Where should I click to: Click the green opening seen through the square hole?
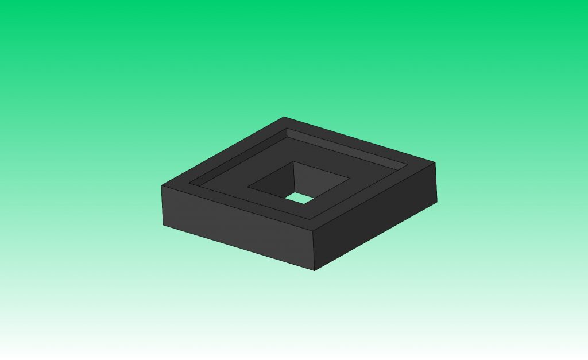[299, 198]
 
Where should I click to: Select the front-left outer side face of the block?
[235, 227]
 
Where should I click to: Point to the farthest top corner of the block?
[284, 117]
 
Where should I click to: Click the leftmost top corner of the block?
[161, 186]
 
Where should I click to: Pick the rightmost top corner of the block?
[435, 162]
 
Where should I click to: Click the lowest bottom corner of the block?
[314, 270]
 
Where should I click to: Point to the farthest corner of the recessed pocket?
[287, 129]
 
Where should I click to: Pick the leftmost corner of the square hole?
[248, 187]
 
